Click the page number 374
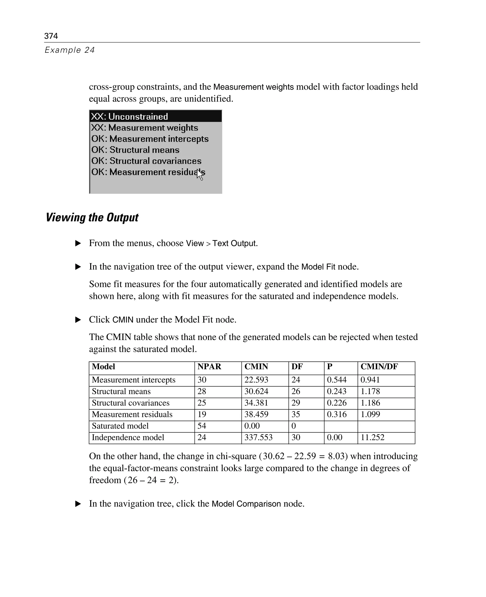click(51, 36)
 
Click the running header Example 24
click(70, 50)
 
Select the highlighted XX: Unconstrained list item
click(129, 117)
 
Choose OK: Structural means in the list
click(135, 150)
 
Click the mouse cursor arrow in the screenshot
click(200, 175)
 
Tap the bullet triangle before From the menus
click(78, 243)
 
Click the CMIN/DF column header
click(379, 367)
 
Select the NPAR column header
click(209, 367)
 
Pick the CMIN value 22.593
click(256, 380)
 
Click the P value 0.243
click(336, 391)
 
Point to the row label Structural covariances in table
click(131, 403)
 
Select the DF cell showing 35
click(296, 414)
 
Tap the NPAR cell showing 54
click(201, 426)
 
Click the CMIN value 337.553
click(258, 437)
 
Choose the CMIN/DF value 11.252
click(372, 437)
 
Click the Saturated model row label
click(120, 426)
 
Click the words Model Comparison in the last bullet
click(246, 504)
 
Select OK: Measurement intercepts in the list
click(150, 139)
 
